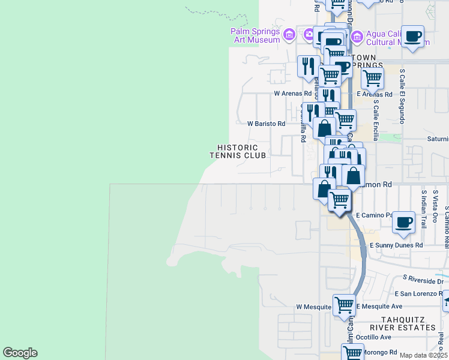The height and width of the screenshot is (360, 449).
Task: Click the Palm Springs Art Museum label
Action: [256, 36]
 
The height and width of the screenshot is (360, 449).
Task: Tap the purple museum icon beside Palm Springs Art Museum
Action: [289, 33]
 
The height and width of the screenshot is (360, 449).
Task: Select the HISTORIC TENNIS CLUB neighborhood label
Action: [238, 151]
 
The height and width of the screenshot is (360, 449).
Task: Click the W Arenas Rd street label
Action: [293, 94]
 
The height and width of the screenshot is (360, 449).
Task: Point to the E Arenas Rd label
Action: [374, 94]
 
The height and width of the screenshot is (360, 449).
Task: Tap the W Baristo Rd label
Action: [267, 123]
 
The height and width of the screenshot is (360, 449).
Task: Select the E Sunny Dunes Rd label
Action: [396, 245]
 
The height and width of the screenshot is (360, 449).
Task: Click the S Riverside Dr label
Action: [423, 280]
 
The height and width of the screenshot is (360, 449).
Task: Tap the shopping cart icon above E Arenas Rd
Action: [372, 77]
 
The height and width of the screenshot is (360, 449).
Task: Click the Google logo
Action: [20, 353]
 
